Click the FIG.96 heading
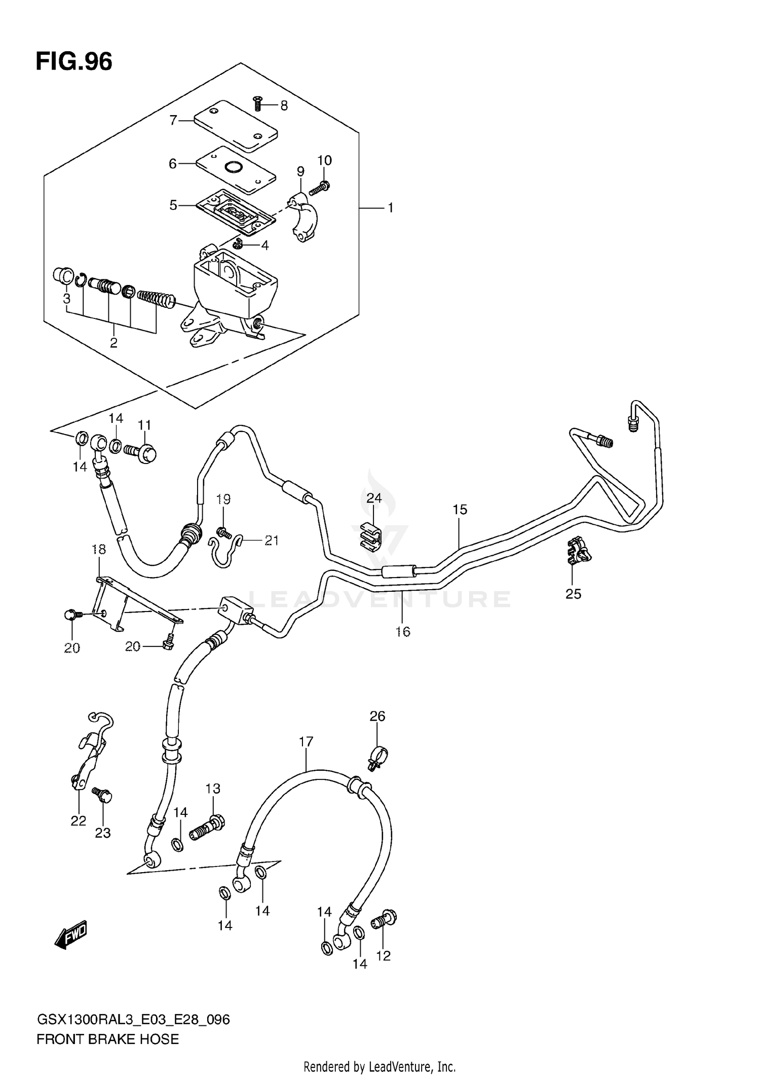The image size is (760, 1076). (74, 62)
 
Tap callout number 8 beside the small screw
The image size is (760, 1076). (284, 105)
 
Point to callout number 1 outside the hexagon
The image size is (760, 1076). (390, 208)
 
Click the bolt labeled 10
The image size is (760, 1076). (320, 189)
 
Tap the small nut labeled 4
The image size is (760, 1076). (238, 245)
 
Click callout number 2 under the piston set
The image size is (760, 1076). (113, 343)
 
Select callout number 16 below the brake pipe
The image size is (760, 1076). (403, 631)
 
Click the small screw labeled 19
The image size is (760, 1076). (223, 532)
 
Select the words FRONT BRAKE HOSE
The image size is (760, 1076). (107, 1039)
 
